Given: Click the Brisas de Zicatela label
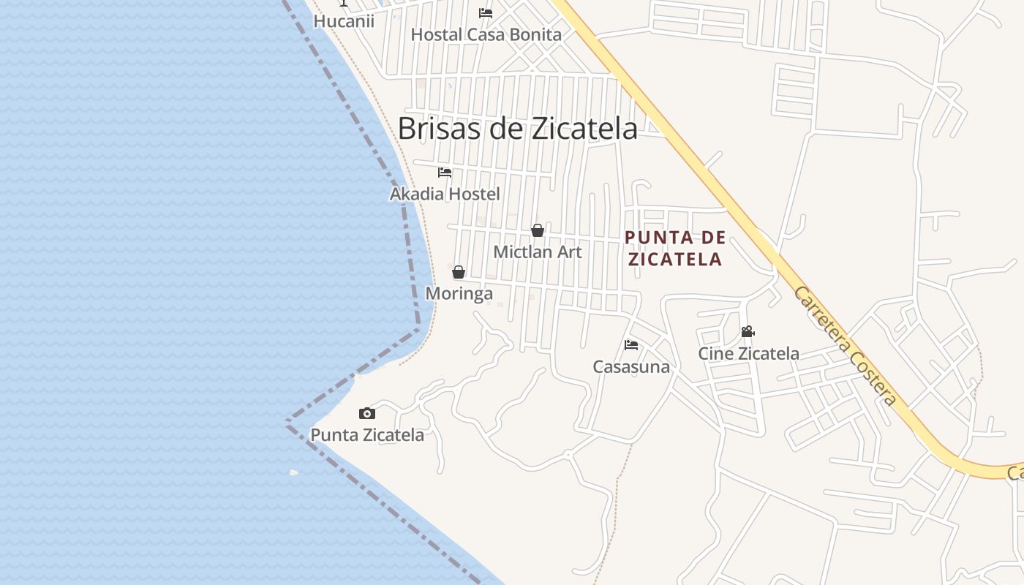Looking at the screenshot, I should pyautogui.click(x=517, y=129).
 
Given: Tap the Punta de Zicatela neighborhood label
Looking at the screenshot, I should pyautogui.click(x=675, y=248).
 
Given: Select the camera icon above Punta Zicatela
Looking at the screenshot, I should pyautogui.click(x=367, y=414).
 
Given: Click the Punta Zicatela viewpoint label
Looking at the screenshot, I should pyautogui.click(x=367, y=435).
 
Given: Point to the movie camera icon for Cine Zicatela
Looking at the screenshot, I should pyautogui.click(x=748, y=332).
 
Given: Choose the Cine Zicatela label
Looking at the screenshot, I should pyautogui.click(x=748, y=354).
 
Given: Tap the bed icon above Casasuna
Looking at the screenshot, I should pyautogui.click(x=631, y=345).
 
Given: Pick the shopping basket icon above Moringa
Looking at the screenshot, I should pyautogui.click(x=459, y=273).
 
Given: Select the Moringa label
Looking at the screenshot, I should pyautogui.click(x=459, y=294).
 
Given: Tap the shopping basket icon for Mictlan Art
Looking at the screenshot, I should pyautogui.click(x=538, y=231).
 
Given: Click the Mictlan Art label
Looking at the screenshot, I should pyautogui.click(x=538, y=252).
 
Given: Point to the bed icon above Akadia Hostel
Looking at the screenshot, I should pyautogui.click(x=445, y=173).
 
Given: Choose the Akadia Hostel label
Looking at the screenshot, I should pyautogui.click(x=445, y=195).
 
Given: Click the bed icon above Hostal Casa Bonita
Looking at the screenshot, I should pyautogui.click(x=486, y=13).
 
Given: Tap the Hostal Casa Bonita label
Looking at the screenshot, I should pyautogui.click(x=486, y=34).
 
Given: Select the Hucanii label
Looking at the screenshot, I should pyautogui.click(x=344, y=21).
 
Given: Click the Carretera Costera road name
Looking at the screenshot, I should pyautogui.click(x=845, y=346).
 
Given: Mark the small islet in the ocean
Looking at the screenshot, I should pyautogui.click(x=294, y=472).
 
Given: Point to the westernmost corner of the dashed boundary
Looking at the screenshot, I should pyautogui.click(x=287, y=422).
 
